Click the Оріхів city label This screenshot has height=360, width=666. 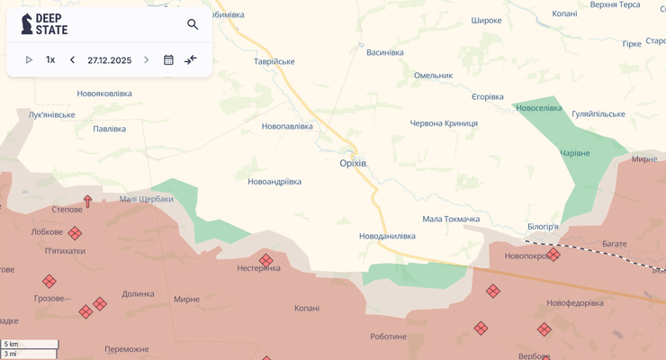coord(353,163)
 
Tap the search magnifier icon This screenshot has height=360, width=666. coord(193,24)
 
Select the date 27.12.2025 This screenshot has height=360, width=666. coord(109,60)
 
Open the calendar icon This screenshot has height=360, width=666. coord(168,60)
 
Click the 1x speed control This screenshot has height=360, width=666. coord(50,60)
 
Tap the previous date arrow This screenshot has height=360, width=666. coord(72,60)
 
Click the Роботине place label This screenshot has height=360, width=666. coord(388,337)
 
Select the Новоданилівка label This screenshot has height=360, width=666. coord(387,236)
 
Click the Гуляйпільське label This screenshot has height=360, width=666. coord(598,113)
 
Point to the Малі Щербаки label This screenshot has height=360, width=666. coord(146,199)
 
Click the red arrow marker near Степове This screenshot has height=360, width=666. coord(87,202)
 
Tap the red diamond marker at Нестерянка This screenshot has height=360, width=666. coord(265,260)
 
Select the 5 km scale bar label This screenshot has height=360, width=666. coord(11,344)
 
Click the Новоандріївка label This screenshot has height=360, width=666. coord(274,182)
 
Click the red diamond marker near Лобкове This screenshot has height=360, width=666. coord(75,233)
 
